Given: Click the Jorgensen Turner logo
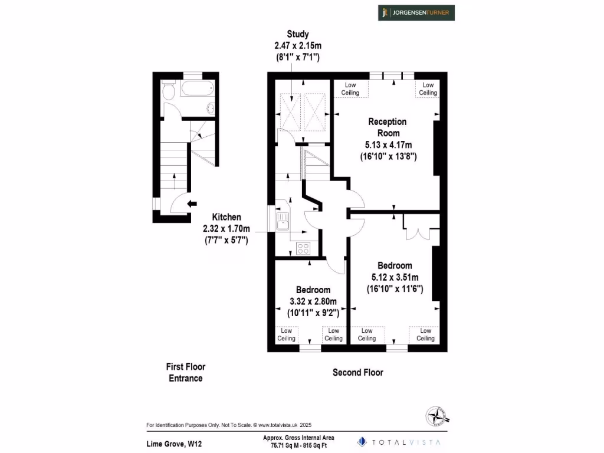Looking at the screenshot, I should pyautogui.click(x=416, y=12).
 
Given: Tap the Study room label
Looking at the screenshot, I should pyautogui.click(x=297, y=34).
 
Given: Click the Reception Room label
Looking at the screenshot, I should pyautogui.click(x=388, y=127).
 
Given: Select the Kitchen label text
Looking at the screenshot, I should pyautogui.click(x=226, y=217).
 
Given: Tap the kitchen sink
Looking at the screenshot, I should pyautogui.click(x=282, y=222).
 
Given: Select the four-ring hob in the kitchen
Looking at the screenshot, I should pyautogui.click(x=304, y=248).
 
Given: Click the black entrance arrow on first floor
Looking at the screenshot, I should pyautogui.click(x=192, y=204).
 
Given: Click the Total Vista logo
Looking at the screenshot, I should pyautogui.click(x=400, y=441).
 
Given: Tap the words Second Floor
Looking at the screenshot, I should pyautogui.click(x=358, y=372).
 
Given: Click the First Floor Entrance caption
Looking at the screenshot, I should pyautogui.click(x=186, y=372).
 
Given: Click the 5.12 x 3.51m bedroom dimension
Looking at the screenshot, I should pyautogui.click(x=395, y=277).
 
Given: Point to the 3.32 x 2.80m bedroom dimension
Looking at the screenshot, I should pyautogui.click(x=313, y=301).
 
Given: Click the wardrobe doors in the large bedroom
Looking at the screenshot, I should pyautogui.click(x=416, y=227).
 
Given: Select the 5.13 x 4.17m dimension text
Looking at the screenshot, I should pyautogui.click(x=388, y=145).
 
